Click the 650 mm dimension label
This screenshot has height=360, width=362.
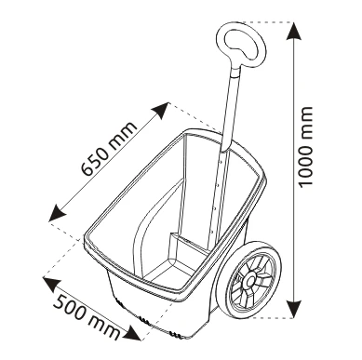(109, 148)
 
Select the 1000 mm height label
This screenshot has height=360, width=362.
(304, 147)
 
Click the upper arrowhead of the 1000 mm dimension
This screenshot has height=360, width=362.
(294, 31)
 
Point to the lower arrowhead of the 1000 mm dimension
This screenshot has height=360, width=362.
(294, 309)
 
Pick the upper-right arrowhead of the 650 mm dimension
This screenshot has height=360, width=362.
(160, 111)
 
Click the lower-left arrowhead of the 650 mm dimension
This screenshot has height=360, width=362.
(58, 213)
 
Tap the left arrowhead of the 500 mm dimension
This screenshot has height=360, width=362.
(51, 285)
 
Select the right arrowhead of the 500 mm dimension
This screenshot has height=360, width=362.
(133, 332)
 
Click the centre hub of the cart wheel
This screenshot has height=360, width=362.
(250, 280)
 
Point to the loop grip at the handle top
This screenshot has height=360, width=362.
(241, 46)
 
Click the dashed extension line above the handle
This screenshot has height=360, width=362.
(267, 22)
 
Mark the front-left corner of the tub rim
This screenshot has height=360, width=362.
(86, 240)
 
